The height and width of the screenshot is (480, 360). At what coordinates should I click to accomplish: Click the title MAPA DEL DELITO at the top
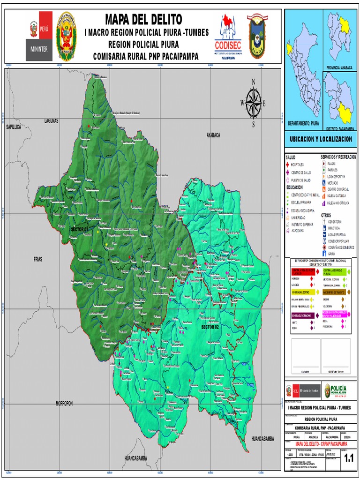143,19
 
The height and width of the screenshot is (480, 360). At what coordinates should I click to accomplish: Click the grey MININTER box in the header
39,49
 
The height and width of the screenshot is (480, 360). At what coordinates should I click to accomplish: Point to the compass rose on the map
254,103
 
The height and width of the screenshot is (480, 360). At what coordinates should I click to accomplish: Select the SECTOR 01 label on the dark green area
79,229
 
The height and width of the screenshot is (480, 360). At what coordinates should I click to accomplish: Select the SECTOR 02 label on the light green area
210,326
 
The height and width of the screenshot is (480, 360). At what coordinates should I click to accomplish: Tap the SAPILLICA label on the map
14,127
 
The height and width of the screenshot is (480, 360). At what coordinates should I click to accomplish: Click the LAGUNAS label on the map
51,121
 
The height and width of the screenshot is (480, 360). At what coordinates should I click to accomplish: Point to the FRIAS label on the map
38,259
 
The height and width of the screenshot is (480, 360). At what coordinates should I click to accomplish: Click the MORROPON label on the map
64,403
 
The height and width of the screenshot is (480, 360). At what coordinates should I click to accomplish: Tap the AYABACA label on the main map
213,135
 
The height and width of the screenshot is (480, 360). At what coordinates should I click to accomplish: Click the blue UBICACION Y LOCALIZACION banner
322,140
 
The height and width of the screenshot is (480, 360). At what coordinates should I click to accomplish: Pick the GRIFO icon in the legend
324,254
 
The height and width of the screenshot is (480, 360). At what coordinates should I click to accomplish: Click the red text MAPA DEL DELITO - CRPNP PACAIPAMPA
321,443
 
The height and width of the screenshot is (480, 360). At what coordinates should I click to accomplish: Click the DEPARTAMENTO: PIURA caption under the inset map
303,122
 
